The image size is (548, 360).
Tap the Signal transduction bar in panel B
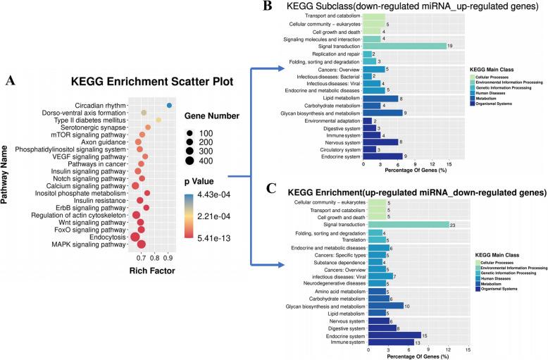(x=404, y=46)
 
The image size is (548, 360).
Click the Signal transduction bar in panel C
(x=406, y=225)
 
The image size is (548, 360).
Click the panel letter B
(x=267, y=6)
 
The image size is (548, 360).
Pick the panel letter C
(x=267, y=187)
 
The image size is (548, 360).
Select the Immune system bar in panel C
(x=388, y=342)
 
